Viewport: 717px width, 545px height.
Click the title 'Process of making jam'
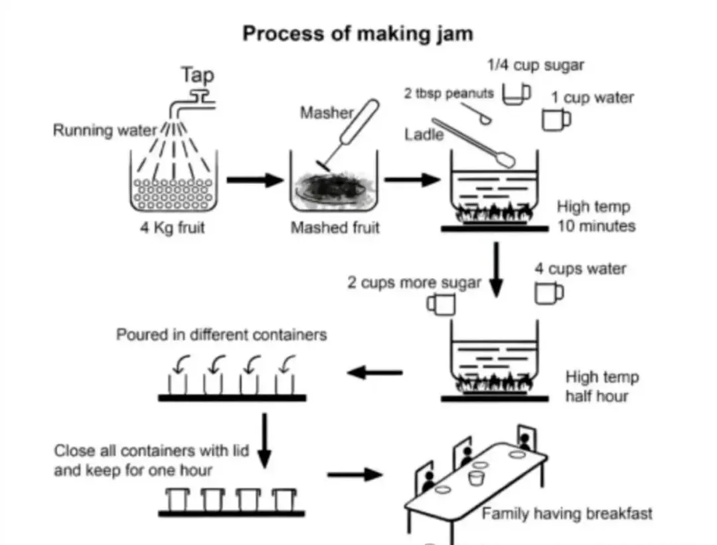coord(358,35)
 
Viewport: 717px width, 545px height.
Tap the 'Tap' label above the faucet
coord(197,75)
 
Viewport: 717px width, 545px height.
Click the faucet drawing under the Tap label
coord(193,104)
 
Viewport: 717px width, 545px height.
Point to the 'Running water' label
coord(105,130)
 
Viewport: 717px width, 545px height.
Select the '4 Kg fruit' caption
coord(173,227)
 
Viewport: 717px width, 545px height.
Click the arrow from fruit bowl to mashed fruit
coord(255,180)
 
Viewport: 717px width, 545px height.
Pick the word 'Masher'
coord(327,112)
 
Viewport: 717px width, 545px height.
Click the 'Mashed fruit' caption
coord(335,227)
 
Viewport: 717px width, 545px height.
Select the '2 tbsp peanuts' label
coord(449,94)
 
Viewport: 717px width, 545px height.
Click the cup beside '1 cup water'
coord(556,119)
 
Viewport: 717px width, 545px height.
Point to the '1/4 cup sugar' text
coord(536,65)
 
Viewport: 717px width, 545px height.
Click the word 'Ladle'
coord(424,134)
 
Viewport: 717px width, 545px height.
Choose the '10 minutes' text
coord(596,226)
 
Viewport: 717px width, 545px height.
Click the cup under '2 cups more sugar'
coord(441,304)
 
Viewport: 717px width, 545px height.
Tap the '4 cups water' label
coord(580,269)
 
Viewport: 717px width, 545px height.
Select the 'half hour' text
coord(597,396)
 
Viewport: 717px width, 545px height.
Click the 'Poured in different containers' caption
coord(221,335)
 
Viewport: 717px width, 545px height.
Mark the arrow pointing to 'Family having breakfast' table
coord(355,474)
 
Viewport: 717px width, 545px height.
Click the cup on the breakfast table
coord(477,478)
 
